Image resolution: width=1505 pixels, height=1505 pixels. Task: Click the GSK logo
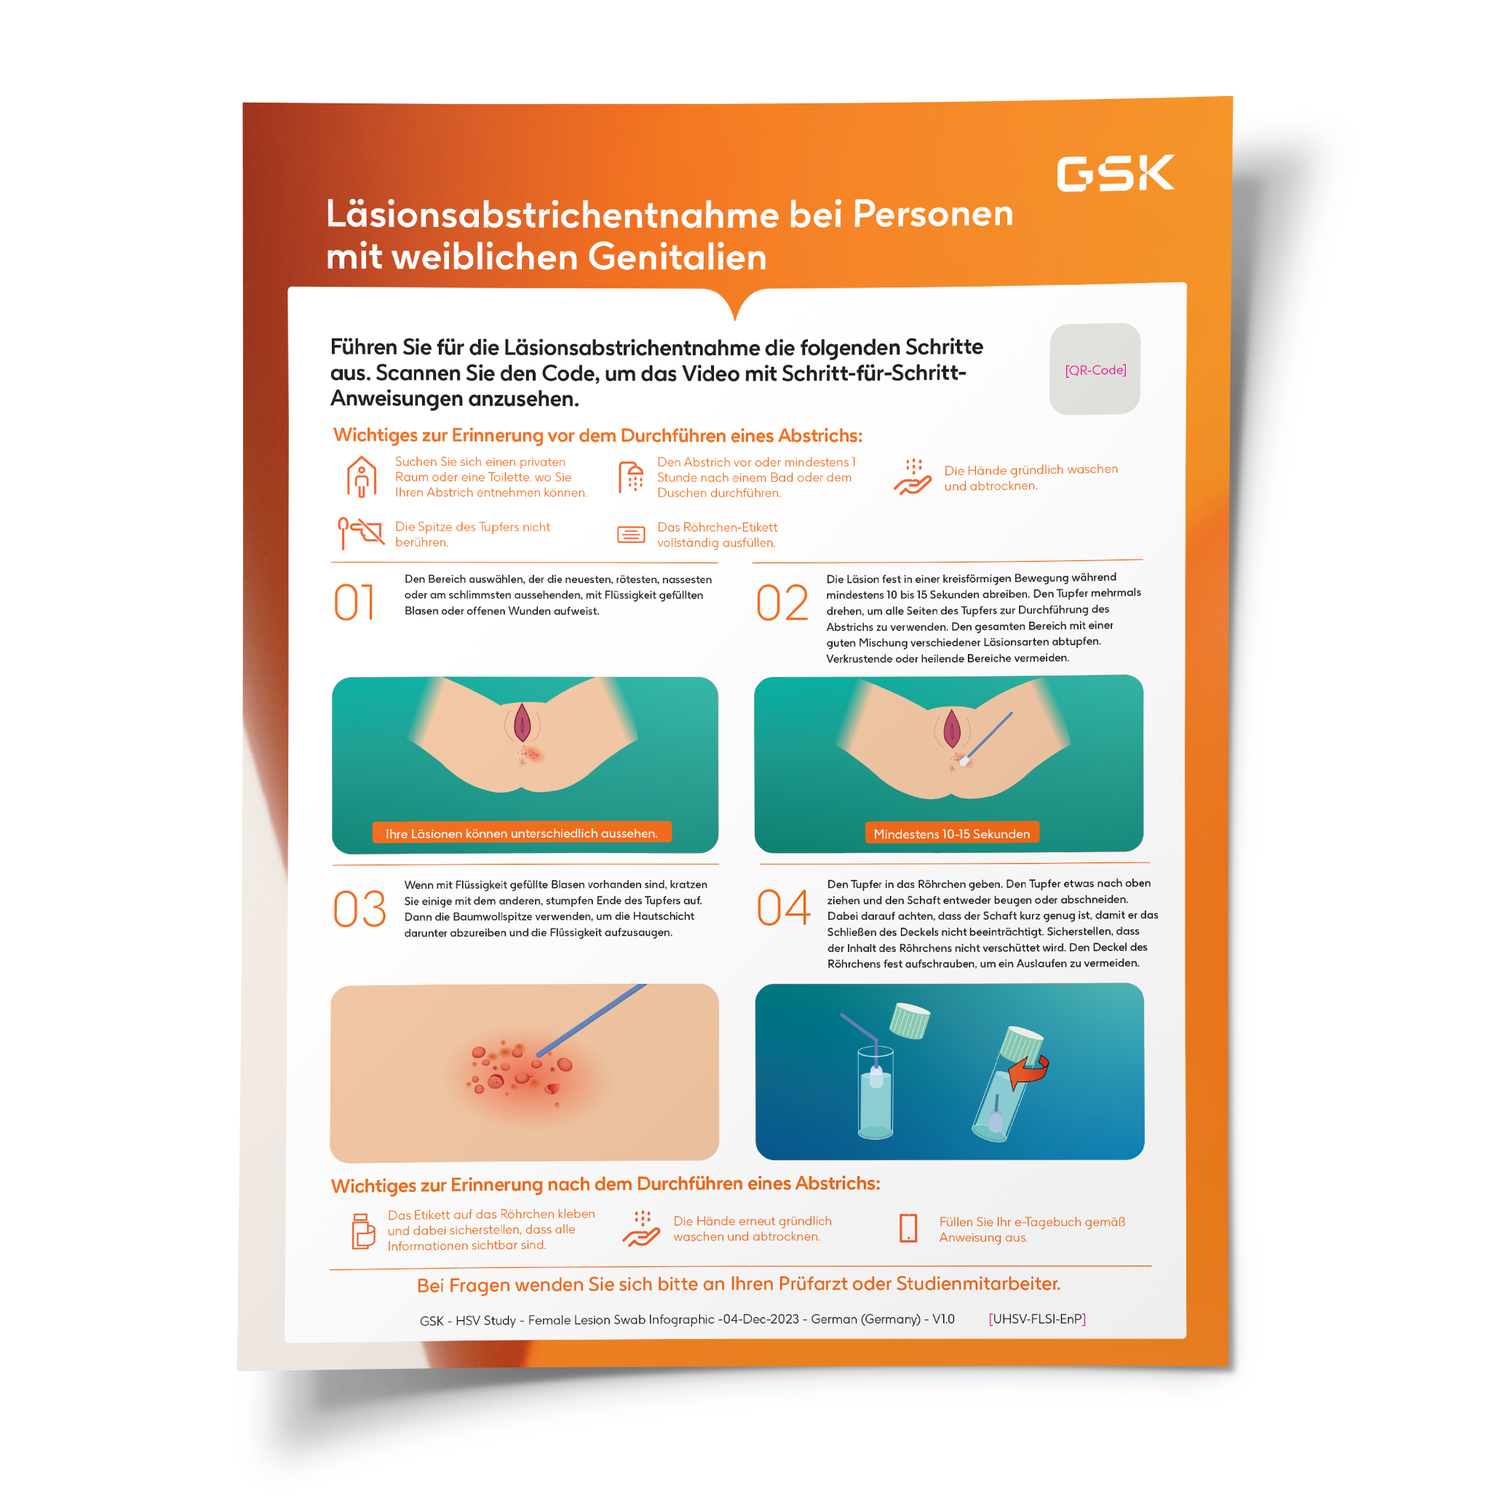(1115, 173)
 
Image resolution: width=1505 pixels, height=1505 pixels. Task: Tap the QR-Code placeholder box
(1095, 369)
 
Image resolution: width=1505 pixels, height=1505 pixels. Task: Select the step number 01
(354, 602)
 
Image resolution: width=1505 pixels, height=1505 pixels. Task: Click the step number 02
(782, 603)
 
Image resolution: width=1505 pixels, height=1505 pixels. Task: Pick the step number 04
(783, 908)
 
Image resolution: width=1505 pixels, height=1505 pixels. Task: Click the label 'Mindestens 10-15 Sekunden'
(951, 833)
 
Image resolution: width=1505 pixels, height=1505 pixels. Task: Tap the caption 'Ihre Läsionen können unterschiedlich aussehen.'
(521, 833)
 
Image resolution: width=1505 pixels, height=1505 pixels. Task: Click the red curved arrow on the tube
(1029, 1072)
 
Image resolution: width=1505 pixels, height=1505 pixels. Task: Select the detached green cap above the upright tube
(910, 1020)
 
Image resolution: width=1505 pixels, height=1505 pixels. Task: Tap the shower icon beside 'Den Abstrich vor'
(631, 477)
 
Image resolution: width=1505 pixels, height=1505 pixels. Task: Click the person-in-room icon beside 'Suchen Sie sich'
(362, 477)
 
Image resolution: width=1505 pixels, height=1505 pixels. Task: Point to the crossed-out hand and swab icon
(361, 532)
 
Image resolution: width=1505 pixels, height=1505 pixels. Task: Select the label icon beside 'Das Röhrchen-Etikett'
(631, 534)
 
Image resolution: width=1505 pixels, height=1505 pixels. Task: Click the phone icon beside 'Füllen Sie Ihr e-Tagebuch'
(908, 1228)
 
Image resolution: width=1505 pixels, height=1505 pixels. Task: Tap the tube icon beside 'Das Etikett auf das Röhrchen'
(363, 1231)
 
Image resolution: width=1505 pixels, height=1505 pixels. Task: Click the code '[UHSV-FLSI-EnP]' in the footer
(1037, 1319)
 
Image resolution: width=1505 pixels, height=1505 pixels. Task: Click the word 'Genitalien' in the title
(677, 257)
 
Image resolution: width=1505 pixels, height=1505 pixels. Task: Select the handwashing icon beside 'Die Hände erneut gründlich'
(642, 1228)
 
